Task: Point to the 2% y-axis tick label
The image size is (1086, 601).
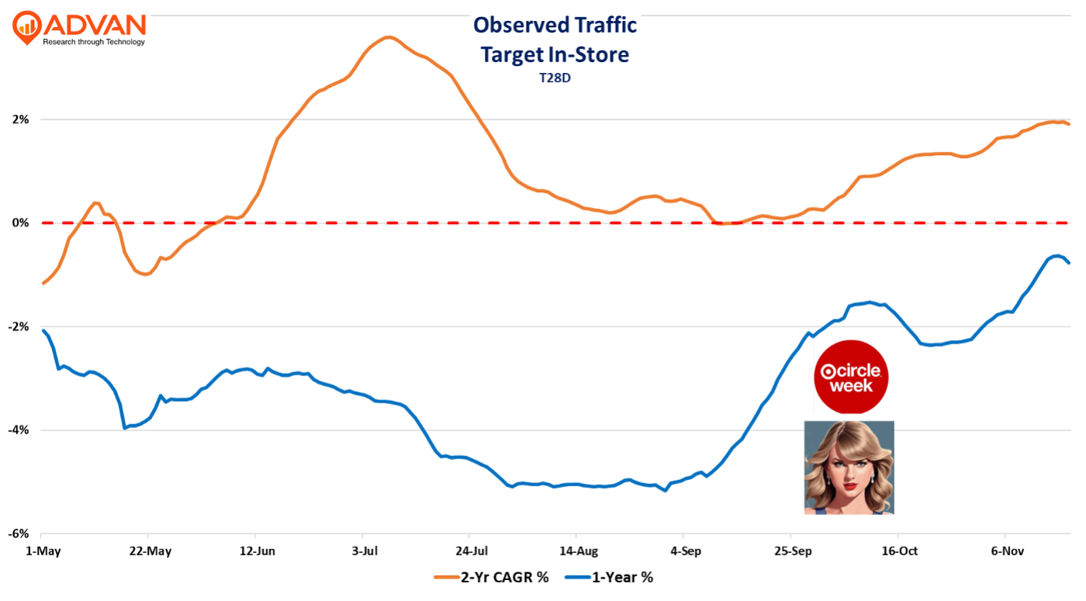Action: pos(20,119)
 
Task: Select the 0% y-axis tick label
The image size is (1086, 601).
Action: pos(20,223)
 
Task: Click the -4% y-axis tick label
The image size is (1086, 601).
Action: pos(19,430)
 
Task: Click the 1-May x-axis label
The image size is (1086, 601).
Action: pos(40,551)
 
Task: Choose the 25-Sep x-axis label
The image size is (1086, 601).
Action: pos(790,551)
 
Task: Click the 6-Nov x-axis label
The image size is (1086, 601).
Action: pos(1005,551)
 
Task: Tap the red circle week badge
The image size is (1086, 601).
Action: pos(851,376)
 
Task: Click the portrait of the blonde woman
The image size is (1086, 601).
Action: pos(849,467)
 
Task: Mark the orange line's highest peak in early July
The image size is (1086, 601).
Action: pos(388,37)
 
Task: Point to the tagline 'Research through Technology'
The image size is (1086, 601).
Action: pos(93,42)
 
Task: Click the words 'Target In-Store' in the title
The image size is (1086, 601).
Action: pos(555,54)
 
